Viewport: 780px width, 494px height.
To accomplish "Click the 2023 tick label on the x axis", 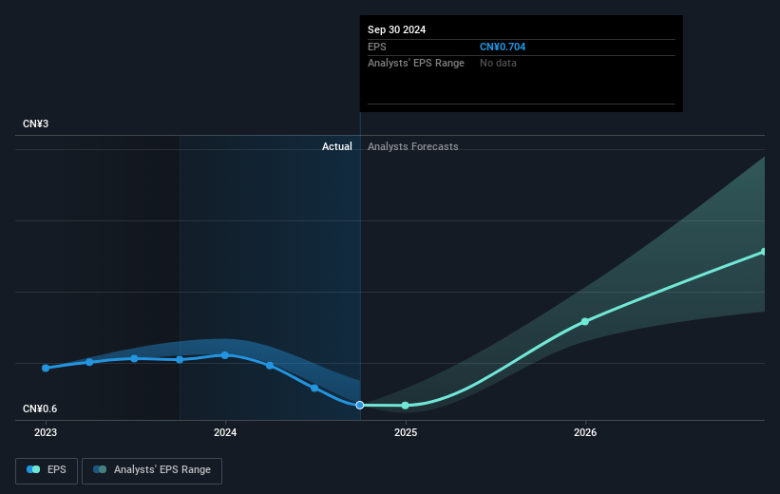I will tap(46, 432).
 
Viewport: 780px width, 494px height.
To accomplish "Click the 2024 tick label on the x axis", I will tap(225, 432).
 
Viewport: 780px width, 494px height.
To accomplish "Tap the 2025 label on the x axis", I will tap(406, 432).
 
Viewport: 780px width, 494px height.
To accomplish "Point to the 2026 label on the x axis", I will tap(585, 432).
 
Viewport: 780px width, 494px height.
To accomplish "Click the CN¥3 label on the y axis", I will tap(37, 124).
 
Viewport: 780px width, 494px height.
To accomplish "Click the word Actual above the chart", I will tap(336, 146).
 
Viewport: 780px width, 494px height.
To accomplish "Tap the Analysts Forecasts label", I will tap(412, 146).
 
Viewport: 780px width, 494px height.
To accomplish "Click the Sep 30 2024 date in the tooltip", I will tap(397, 29).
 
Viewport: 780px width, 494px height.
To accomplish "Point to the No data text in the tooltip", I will tap(499, 63).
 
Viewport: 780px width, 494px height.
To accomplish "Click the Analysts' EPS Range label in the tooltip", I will tap(416, 63).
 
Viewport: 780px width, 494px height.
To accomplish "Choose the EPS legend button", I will tap(48, 469).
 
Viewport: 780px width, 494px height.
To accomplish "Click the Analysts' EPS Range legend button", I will tap(152, 469).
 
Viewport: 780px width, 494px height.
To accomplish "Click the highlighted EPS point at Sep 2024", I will tap(360, 405).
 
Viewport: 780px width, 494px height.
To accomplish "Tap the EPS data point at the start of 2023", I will tap(46, 368).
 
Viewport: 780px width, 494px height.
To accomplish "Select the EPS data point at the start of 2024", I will tap(225, 355).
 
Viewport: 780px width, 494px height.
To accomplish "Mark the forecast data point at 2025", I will tap(406, 406).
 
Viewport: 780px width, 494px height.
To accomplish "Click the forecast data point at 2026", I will tap(585, 321).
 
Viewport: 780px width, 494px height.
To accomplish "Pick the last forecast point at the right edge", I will tap(764, 252).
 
